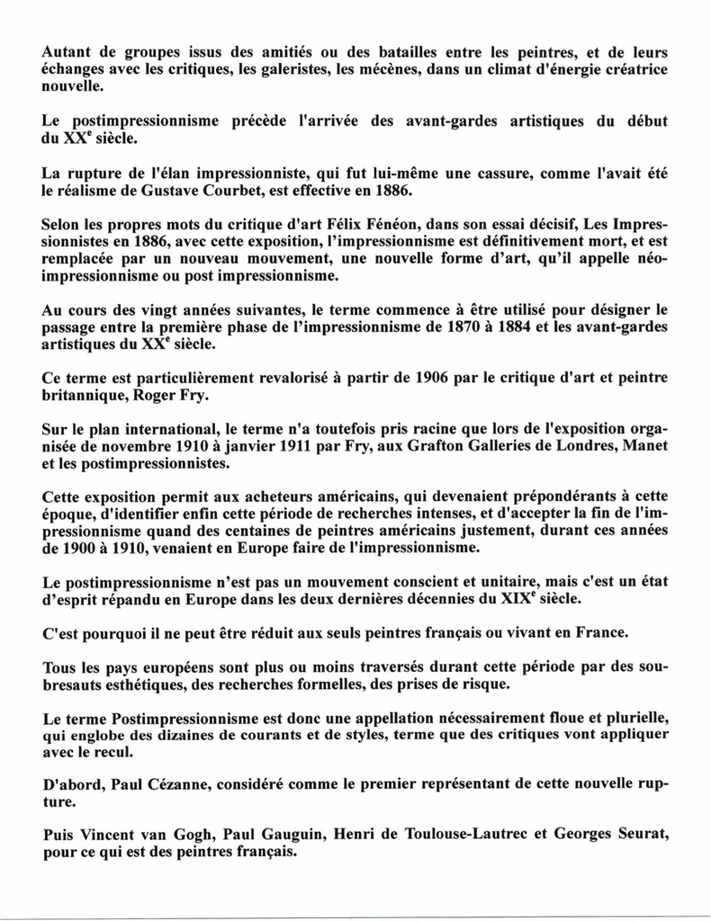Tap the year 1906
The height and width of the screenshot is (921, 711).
click(x=437, y=377)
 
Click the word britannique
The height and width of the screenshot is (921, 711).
click(x=85, y=395)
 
